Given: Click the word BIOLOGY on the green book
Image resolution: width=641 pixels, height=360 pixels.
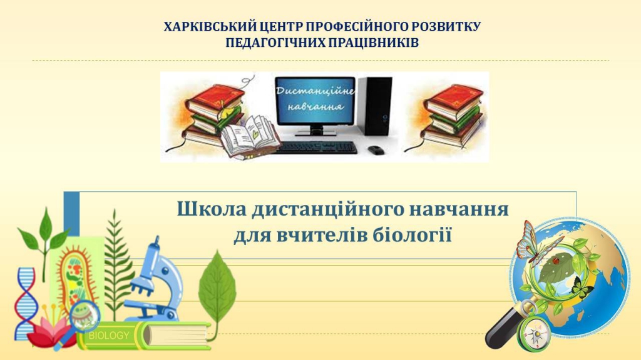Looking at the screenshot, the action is tap(109, 336).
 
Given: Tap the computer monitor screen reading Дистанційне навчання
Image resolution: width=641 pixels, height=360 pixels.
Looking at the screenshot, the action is tap(315, 101).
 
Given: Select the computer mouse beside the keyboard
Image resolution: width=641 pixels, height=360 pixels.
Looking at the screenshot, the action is tap(376, 150).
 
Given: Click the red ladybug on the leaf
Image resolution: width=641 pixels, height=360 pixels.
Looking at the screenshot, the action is tap(556, 261).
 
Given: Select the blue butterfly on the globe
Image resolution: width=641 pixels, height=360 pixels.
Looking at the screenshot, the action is tap(531, 243).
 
